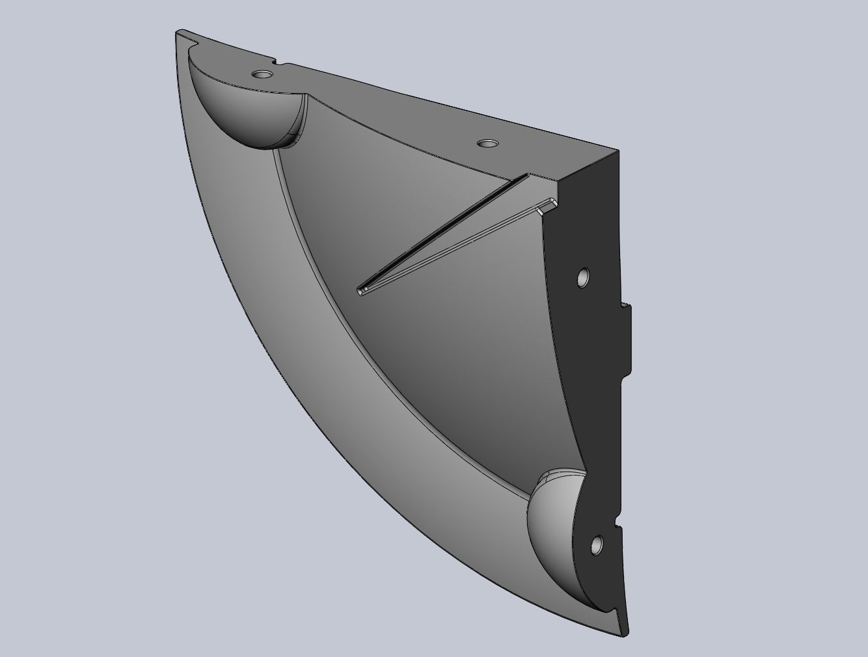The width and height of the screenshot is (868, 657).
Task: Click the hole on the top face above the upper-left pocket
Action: click(262, 74)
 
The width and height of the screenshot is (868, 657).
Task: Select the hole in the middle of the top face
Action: click(486, 142)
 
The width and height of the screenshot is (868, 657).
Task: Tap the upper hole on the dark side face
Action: click(583, 278)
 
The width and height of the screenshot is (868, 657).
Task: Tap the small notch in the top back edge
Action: click(278, 63)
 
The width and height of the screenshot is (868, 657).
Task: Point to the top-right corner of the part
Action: click(617, 152)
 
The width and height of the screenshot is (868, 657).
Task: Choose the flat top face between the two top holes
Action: click(377, 107)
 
